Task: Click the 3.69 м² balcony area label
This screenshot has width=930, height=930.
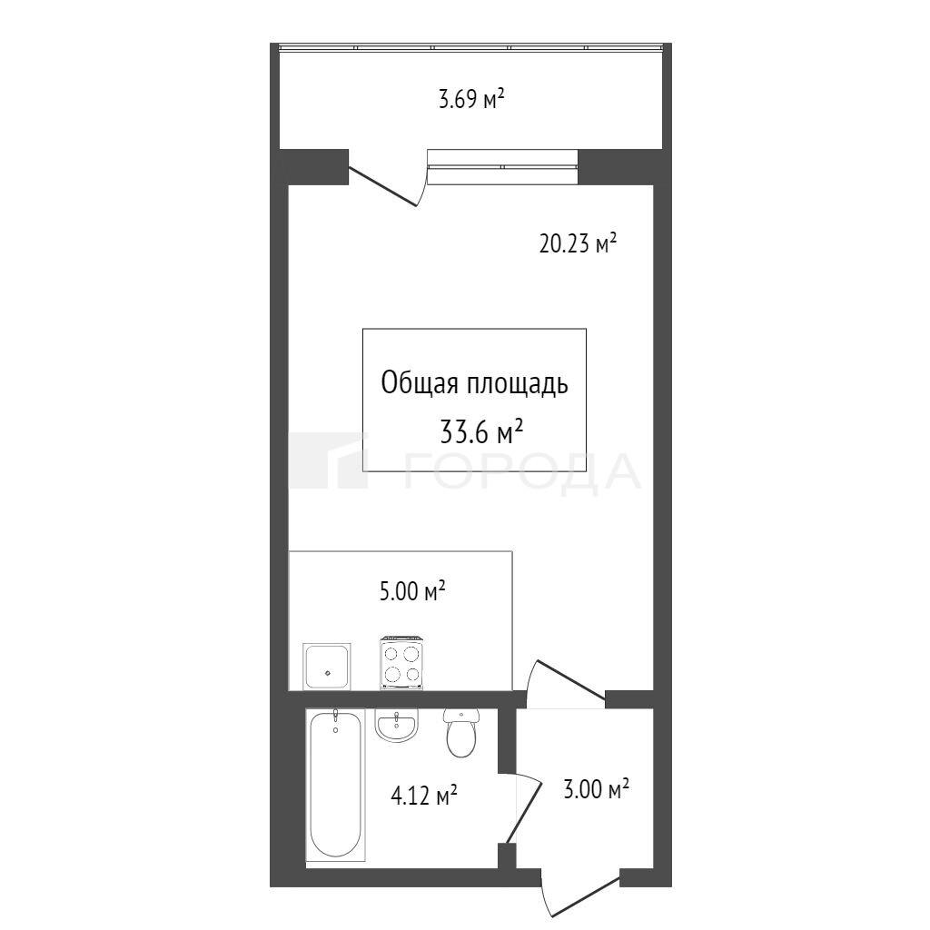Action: pyautogui.click(x=471, y=98)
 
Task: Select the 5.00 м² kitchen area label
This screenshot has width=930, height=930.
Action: pyautogui.click(x=412, y=591)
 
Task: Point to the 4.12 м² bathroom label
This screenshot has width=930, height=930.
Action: pyautogui.click(x=423, y=796)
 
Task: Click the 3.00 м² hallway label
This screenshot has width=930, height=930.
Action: pyautogui.click(x=596, y=789)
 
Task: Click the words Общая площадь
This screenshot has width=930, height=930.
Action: pyautogui.click(x=474, y=384)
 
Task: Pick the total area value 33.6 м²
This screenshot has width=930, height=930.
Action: pyautogui.click(x=481, y=431)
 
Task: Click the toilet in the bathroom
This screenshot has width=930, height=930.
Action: pyautogui.click(x=460, y=732)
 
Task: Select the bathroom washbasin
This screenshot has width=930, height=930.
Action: pyautogui.click(x=396, y=724)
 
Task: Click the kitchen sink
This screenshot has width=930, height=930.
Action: pyautogui.click(x=326, y=666)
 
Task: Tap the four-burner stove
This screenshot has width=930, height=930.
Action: pyautogui.click(x=402, y=663)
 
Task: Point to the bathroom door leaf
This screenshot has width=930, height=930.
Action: pyautogui.click(x=524, y=810)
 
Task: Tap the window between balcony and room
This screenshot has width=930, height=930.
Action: pyautogui.click(x=502, y=167)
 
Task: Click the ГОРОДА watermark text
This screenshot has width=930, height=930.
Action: pyautogui.click(x=522, y=471)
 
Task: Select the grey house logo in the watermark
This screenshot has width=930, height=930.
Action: pyautogui.click(x=328, y=460)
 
